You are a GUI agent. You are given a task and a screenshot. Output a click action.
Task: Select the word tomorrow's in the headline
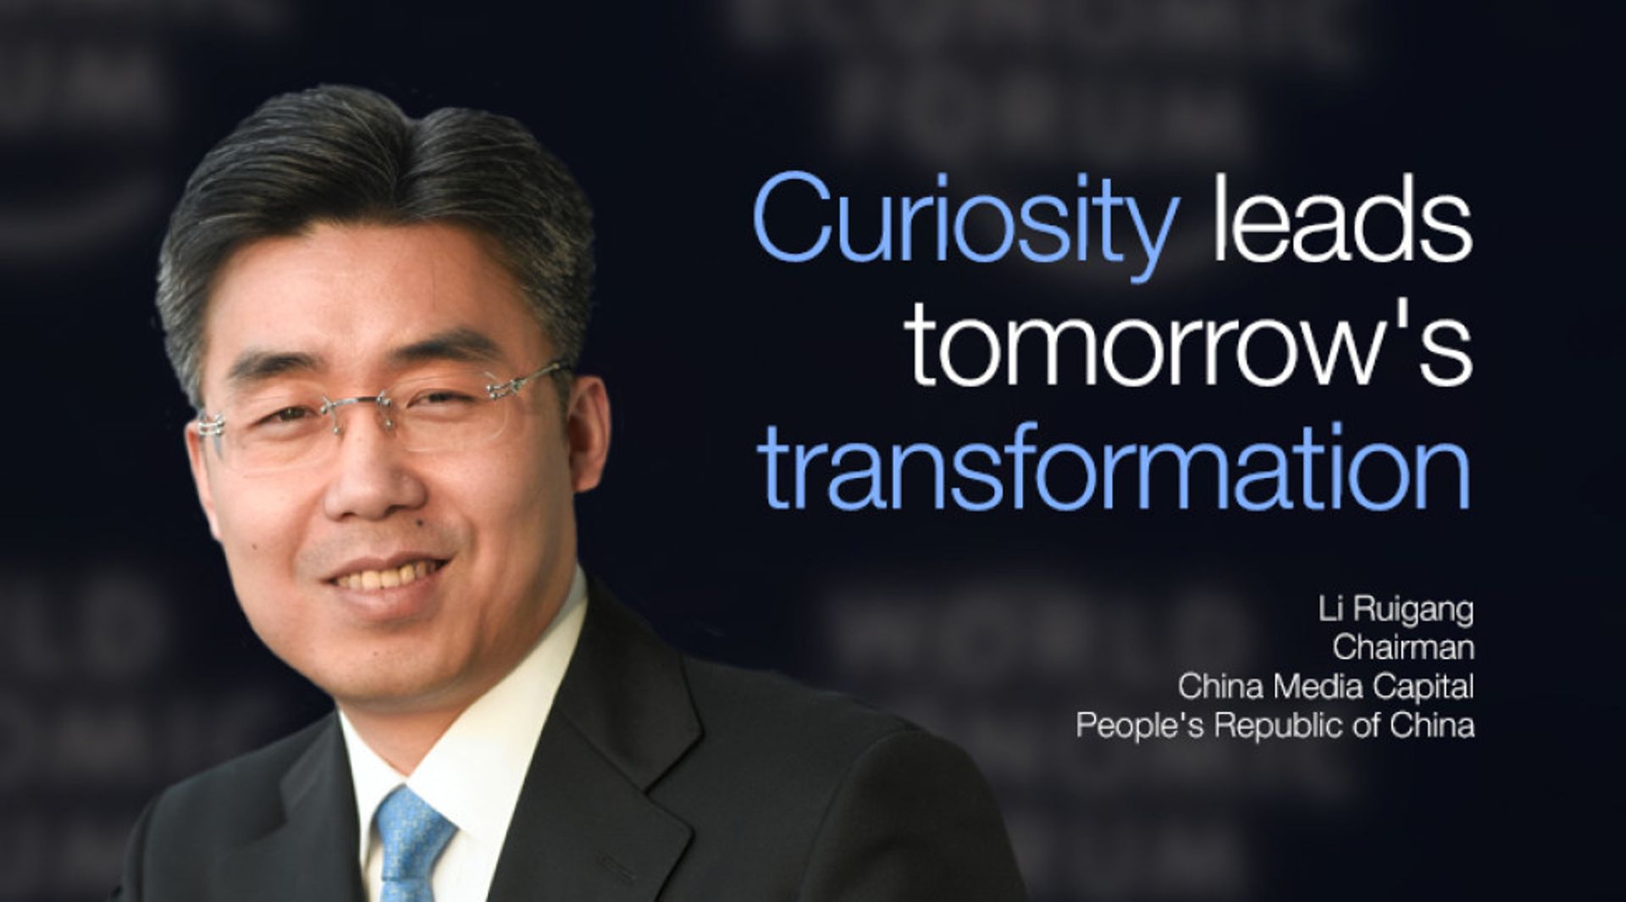1190,346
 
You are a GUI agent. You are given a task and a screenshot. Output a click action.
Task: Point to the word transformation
1114,468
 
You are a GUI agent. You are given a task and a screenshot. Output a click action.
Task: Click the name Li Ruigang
1395,609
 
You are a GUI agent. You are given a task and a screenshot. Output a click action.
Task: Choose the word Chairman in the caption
1402,647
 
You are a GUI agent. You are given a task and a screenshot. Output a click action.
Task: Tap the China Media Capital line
1325,686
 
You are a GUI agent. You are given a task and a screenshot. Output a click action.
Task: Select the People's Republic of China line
1275,725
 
